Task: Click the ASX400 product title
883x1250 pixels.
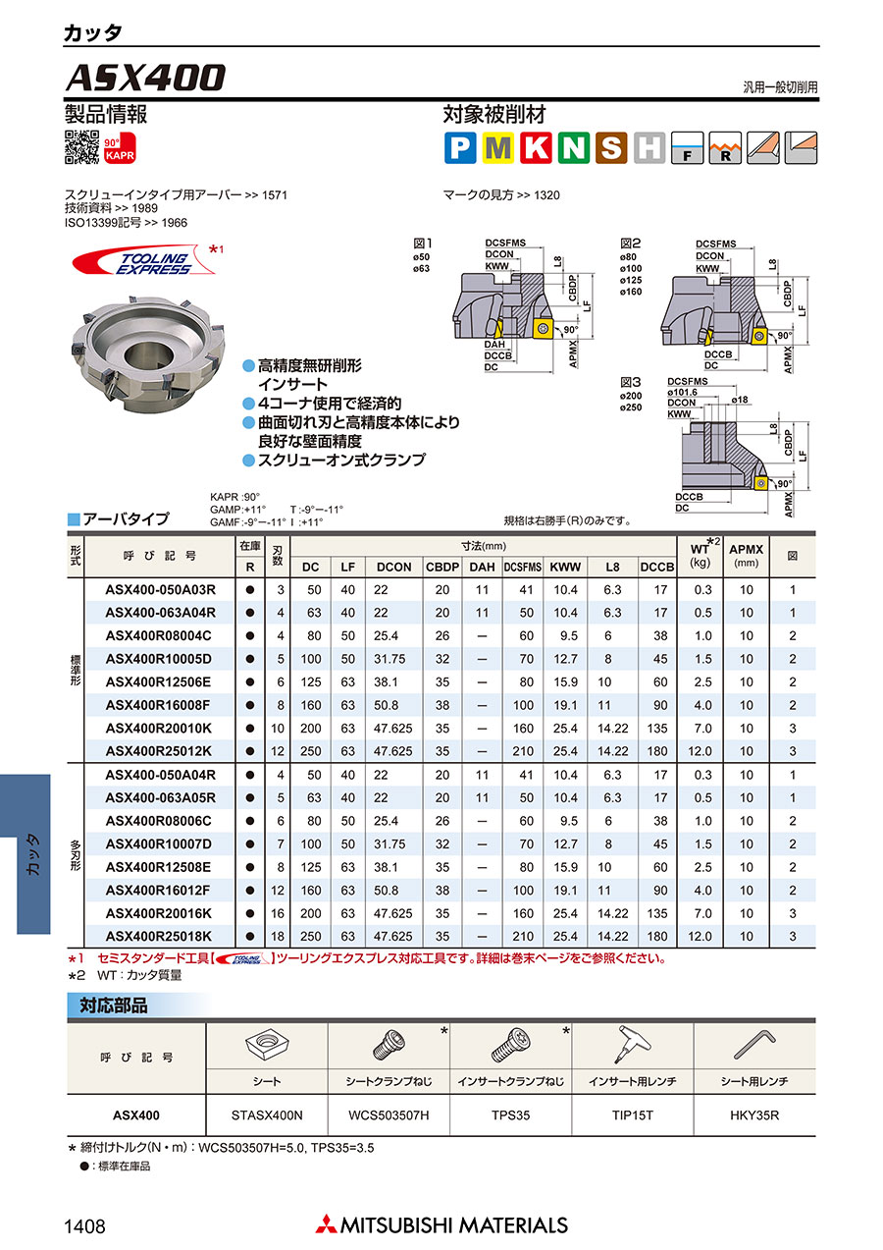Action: (x=146, y=78)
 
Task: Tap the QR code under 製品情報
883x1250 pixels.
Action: (x=82, y=147)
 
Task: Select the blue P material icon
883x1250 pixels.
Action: (x=460, y=148)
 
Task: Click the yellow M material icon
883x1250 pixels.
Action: (x=497, y=148)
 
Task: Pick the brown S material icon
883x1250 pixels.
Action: (x=611, y=148)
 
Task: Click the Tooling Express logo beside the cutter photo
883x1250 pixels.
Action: (x=145, y=261)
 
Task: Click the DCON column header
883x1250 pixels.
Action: (x=393, y=567)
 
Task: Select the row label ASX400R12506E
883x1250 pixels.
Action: (x=158, y=681)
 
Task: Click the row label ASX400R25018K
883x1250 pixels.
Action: (x=158, y=937)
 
